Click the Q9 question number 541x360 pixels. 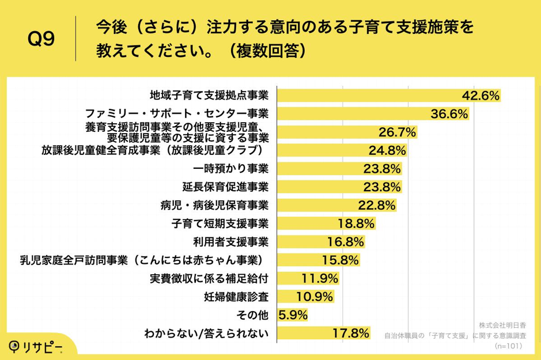tap(41, 40)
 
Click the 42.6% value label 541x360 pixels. tap(481, 96)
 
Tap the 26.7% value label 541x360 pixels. tap(397, 132)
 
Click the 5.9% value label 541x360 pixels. tap(293, 315)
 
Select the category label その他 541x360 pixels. tap(254, 315)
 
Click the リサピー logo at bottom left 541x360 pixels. tap(36, 346)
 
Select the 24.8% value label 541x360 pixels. tap(388, 150)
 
